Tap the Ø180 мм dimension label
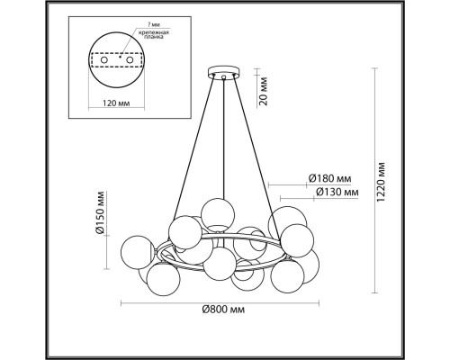328,177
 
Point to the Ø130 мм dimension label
328,191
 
